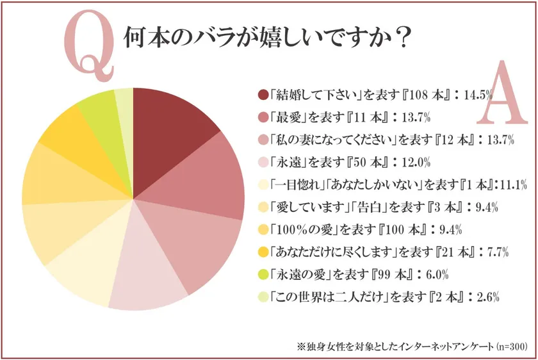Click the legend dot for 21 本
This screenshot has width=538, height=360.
coord(262,252)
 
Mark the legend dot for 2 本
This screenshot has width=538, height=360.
coord(262,297)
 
